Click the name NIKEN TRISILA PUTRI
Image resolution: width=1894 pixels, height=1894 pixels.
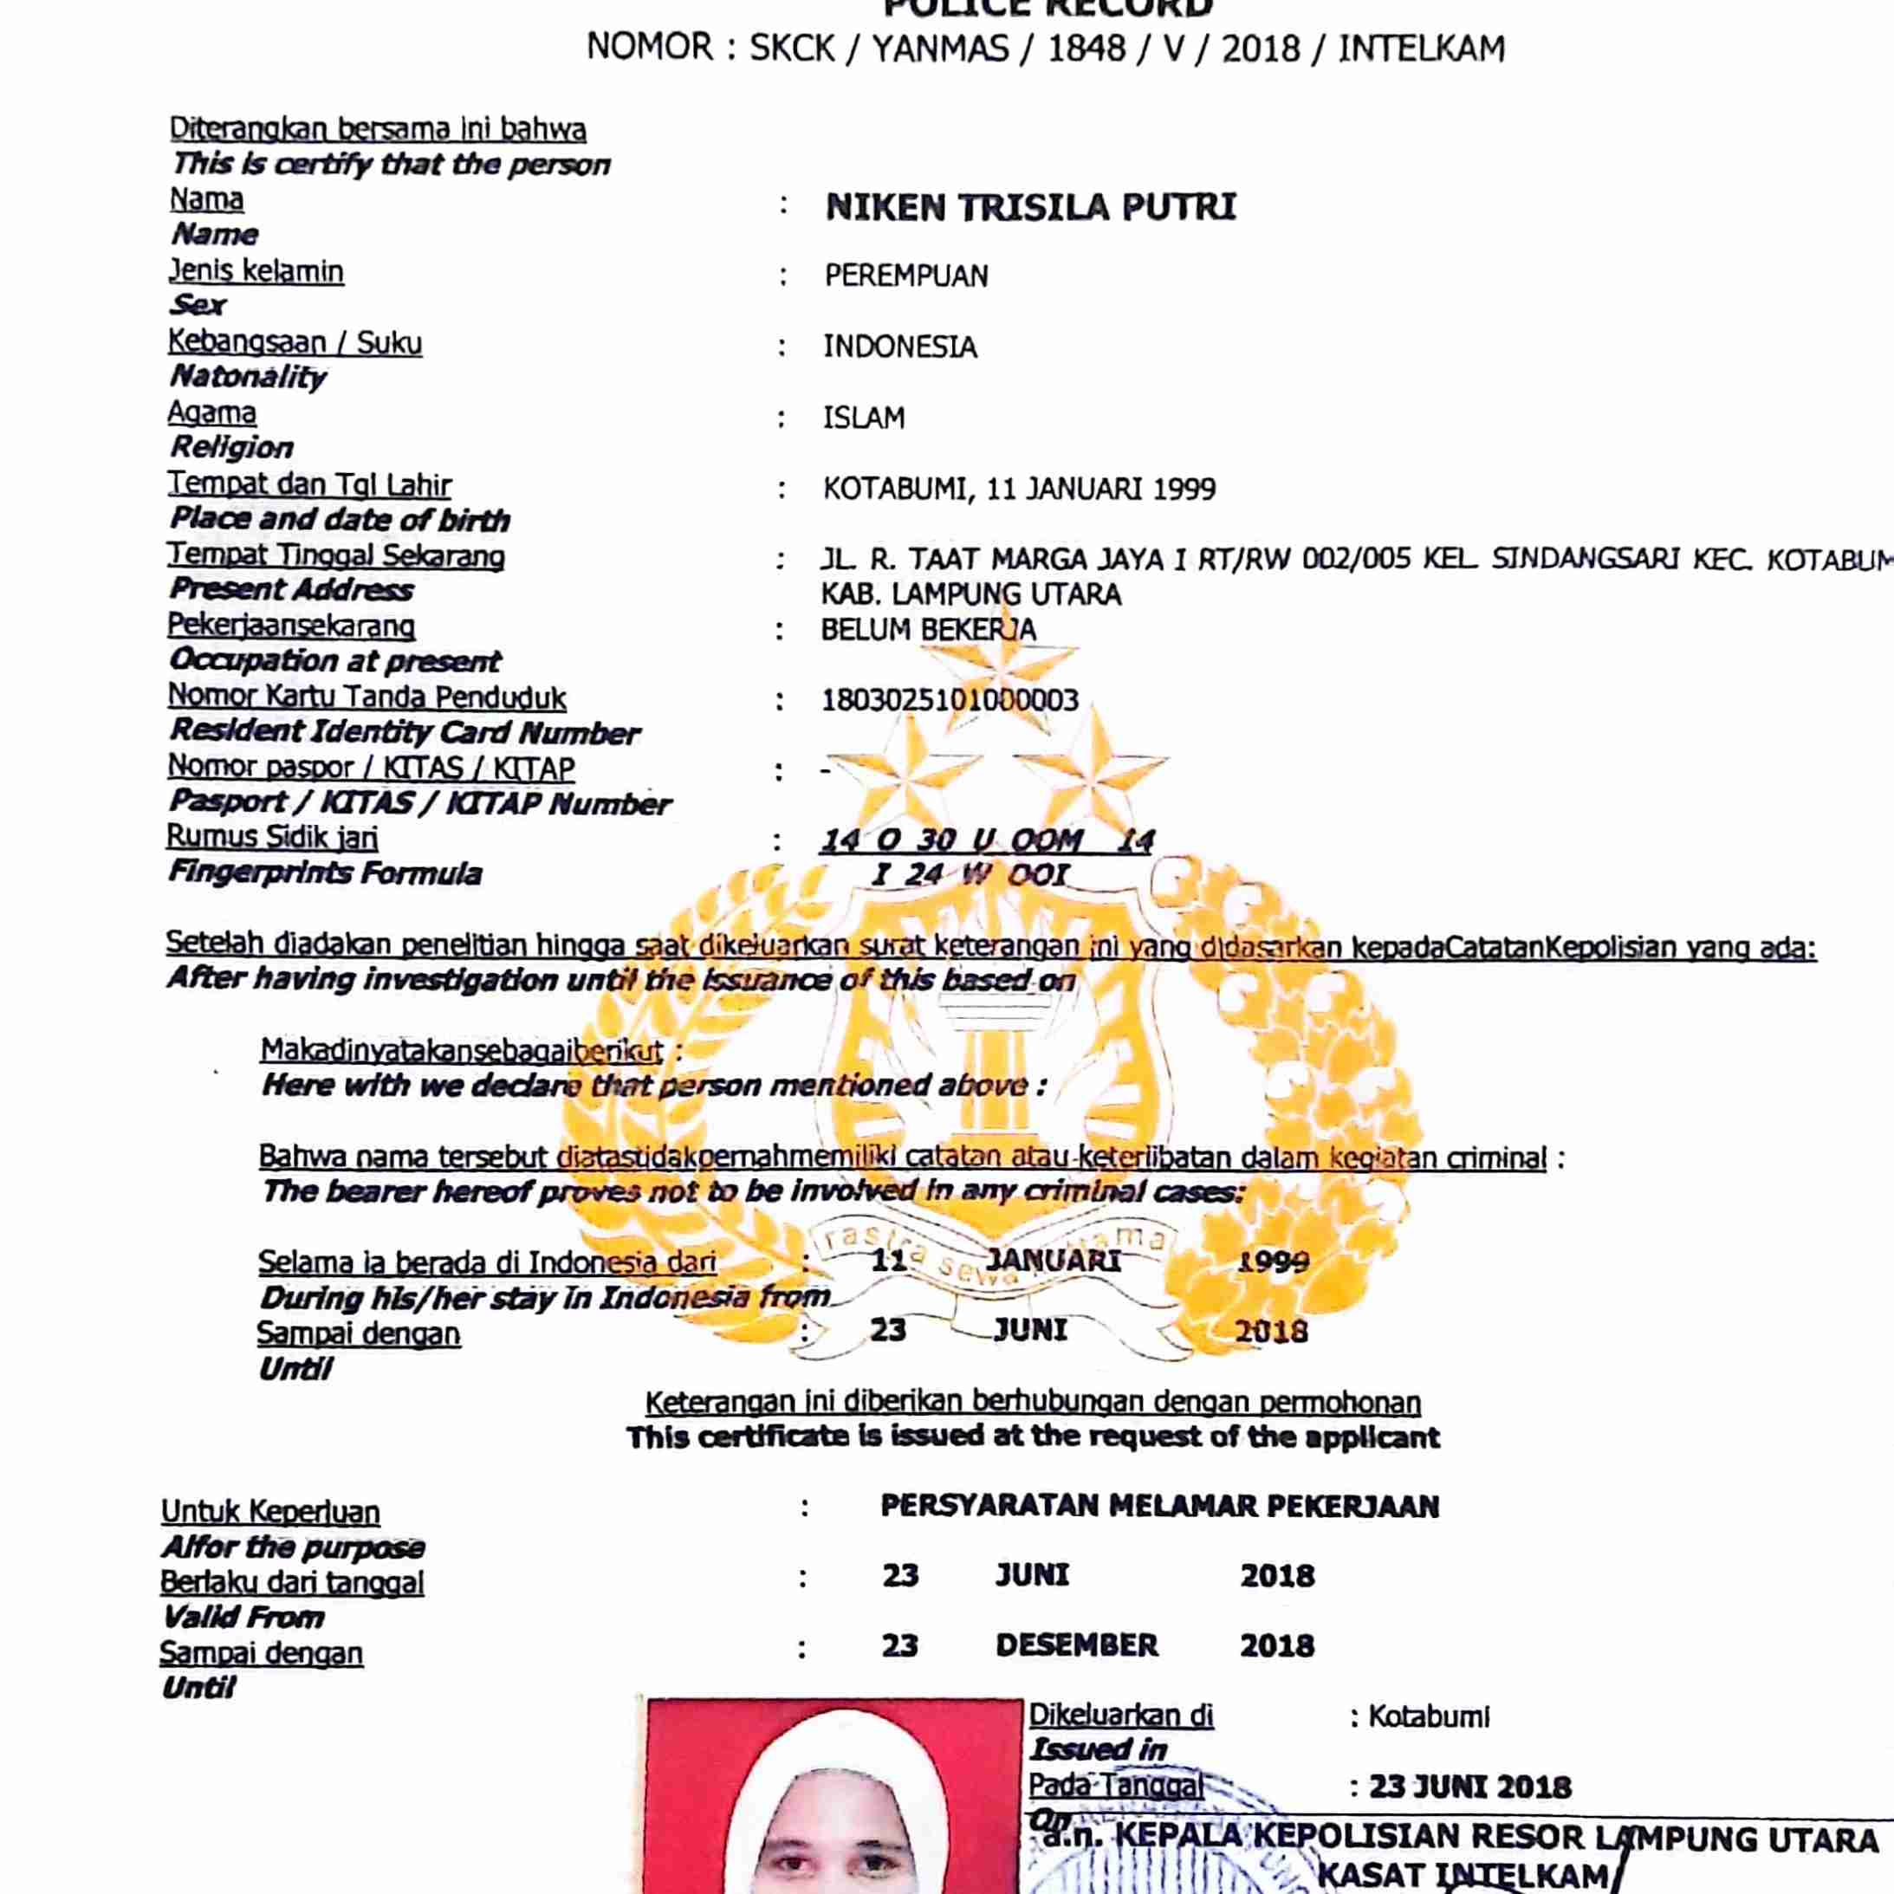tap(1030, 207)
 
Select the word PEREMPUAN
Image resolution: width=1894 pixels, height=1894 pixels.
tap(905, 276)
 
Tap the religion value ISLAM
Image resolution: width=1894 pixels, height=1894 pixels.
tap(864, 418)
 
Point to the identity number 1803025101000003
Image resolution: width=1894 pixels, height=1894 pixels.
tap(949, 700)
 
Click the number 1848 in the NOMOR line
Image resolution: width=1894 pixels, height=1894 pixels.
tap(1086, 48)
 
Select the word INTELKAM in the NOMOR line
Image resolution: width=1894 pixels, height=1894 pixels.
tap(1422, 48)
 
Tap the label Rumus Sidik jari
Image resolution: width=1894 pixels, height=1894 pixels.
tap(271, 836)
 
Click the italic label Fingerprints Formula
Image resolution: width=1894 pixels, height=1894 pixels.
tap(325, 872)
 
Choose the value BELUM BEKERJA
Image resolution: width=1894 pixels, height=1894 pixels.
tap(927, 629)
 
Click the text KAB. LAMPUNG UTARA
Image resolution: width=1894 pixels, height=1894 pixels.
tap(970, 594)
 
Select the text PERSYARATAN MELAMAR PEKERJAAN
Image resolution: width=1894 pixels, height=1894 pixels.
tap(1160, 1506)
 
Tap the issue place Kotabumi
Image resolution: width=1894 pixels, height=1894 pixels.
tap(1429, 1716)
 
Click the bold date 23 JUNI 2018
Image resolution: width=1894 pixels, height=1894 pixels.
tap(1469, 1787)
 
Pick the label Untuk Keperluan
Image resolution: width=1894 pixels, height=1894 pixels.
tap(270, 1512)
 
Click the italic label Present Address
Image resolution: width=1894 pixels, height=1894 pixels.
tap(291, 589)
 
